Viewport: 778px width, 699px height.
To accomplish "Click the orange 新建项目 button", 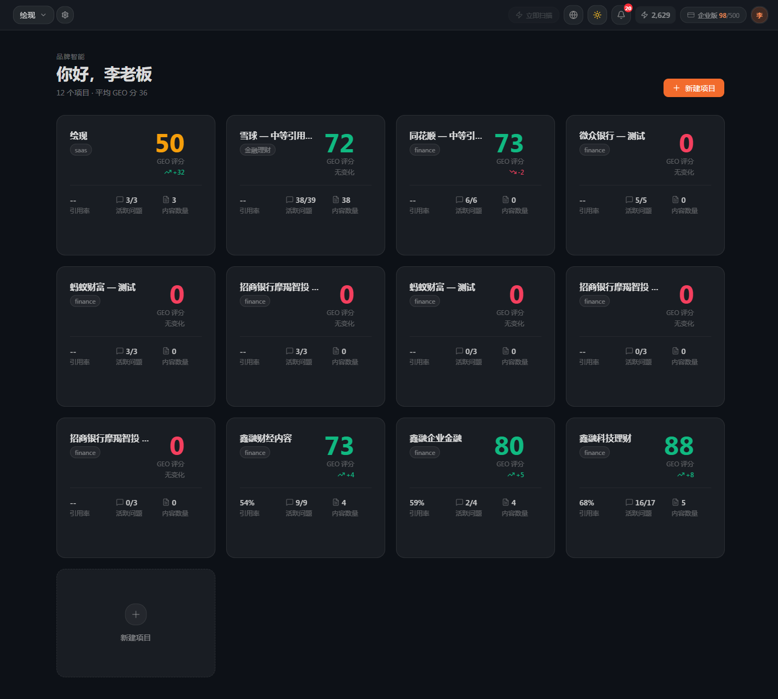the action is click(x=693, y=88).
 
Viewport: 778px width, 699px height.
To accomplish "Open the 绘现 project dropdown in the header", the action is click(x=33, y=15).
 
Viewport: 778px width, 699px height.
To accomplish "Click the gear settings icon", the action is click(x=65, y=15).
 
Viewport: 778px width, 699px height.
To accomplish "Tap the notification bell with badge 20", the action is click(x=621, y=15).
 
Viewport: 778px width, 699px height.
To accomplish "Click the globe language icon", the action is click(x=573, y=15).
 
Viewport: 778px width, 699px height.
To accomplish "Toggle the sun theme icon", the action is click(x=597, y=15).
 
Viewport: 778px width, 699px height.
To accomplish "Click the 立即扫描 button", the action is click(x=534, y=15).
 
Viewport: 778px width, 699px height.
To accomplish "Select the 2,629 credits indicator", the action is click(x=655, y=15).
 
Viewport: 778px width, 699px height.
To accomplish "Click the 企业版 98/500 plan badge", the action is click(x=713, y=15).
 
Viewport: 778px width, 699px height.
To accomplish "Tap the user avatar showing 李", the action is click(x=760, y=15).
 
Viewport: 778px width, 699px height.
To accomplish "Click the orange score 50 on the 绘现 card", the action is click(x=170, y=144).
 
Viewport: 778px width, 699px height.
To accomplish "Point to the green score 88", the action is click(x=679, y=446).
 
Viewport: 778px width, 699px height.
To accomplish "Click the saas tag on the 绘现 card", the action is click(x=81, y=150).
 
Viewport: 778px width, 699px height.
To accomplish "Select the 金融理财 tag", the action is click(x=258, y=150).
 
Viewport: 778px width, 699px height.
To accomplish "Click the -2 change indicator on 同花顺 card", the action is click(x=516, y=172).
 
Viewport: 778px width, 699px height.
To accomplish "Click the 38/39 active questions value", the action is click(x=305, y=200).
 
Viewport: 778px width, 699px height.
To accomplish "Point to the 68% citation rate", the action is click(x=586, y=503).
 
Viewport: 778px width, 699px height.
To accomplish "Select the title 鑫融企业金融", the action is click(x=436, y=439).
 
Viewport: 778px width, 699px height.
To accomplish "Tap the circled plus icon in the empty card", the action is click(x=136, y=614).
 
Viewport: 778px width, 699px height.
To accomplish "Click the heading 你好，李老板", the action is click(x=104, y=74).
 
